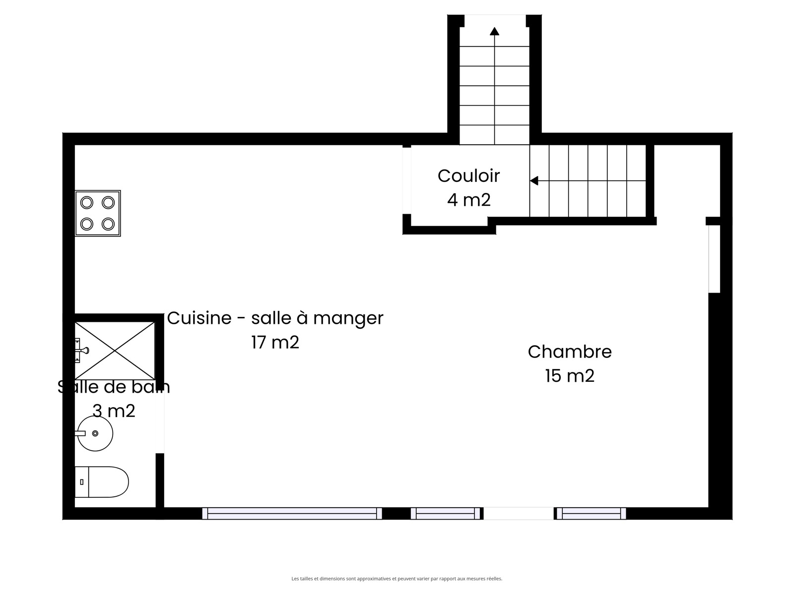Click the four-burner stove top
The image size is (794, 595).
[98, 213]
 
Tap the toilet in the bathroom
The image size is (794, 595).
[102, 481]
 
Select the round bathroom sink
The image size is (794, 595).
[95, 433]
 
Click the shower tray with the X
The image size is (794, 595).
[115, 351]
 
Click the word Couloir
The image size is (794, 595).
[468, 176]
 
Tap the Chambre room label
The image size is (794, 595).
[570, 352]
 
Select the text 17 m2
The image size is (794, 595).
[275, 342]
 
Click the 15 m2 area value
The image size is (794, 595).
[570, 376]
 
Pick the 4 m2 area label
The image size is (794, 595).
[469, 200]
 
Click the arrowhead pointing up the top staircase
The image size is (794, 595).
[494, 31]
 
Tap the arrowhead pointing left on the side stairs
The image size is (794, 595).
[534, 180]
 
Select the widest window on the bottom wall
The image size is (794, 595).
[292, 513]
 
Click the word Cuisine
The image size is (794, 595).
[199, 318]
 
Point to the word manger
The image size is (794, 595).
[348, 319]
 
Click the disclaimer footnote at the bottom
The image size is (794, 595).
[397, 579]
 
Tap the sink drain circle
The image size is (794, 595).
[95, 433]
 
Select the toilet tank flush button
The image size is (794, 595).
[82, 482]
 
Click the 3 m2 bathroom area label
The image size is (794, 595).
[114, 411]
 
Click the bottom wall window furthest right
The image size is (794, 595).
[592, 513]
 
